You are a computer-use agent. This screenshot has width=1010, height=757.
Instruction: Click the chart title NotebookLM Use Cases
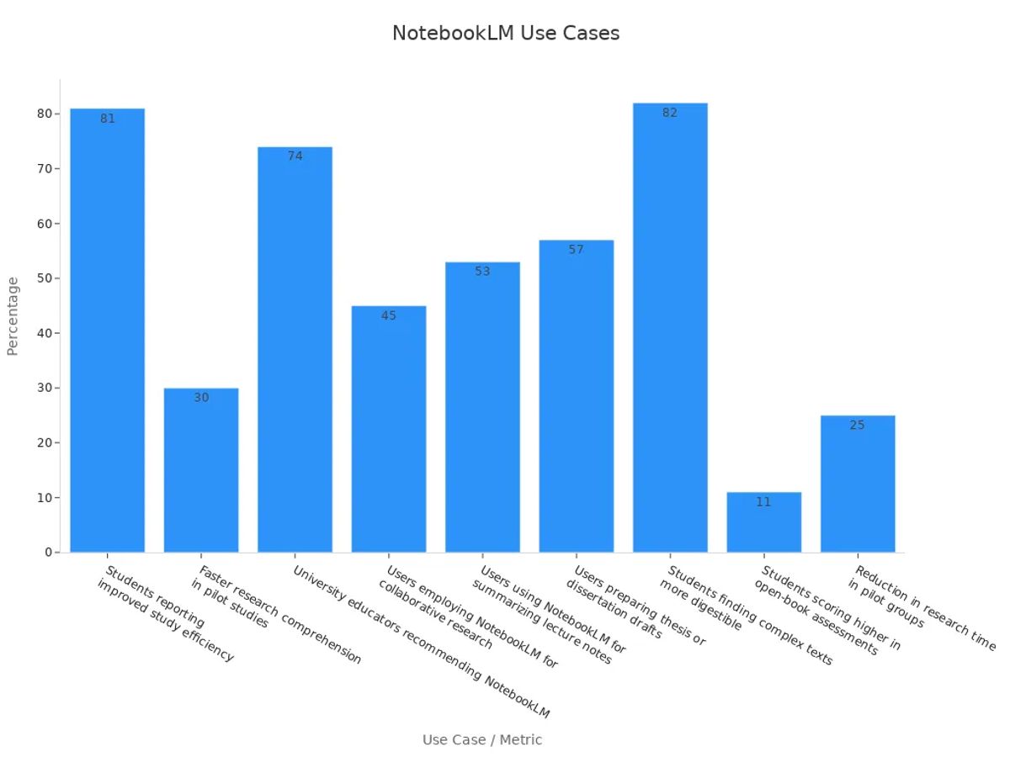[x=505, y=34]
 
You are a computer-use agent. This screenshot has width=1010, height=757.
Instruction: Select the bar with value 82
[x=670, y=336]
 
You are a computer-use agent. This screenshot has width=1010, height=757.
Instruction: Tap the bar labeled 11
[x=763, y=526]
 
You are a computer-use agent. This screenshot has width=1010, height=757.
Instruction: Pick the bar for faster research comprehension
[x=201, y=471]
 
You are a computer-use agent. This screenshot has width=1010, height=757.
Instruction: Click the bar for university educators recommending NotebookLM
[x=295, y=353]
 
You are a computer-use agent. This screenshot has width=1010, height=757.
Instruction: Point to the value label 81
[x=108, y=119]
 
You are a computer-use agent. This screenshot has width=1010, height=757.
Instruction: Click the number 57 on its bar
[x=576, y=250]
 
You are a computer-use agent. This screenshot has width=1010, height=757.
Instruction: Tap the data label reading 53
[x=482, y=272]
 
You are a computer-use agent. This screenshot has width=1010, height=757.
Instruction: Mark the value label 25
[x=857, y=426]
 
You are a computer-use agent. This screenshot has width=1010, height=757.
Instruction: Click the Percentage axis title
[x=13, y=316]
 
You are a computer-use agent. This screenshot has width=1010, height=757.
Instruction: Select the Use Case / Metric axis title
[x=482, y=740]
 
